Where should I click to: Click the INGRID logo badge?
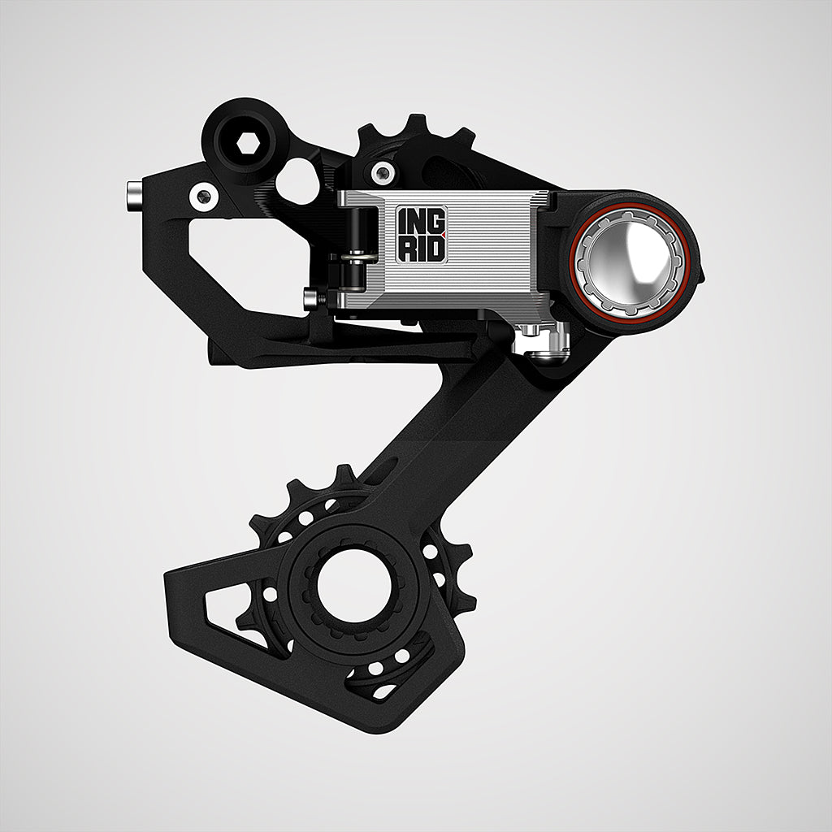pyautogui.click(x=422, y=234)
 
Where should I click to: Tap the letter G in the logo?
pyautogui.click(x=435, y=221)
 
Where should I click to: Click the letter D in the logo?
pyautogui.click(x=435, y=249)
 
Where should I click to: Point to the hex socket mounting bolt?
pyautogui.click(x=247, y=142)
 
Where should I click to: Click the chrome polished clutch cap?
pyautogui.click(x=630, y=263)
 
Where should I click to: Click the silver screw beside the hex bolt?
pyautogui.click(x=204, y=197)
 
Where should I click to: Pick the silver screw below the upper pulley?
pyautogui.click(x=383, y=172)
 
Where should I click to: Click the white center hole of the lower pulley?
pyautogui.click(x=354, y=586)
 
